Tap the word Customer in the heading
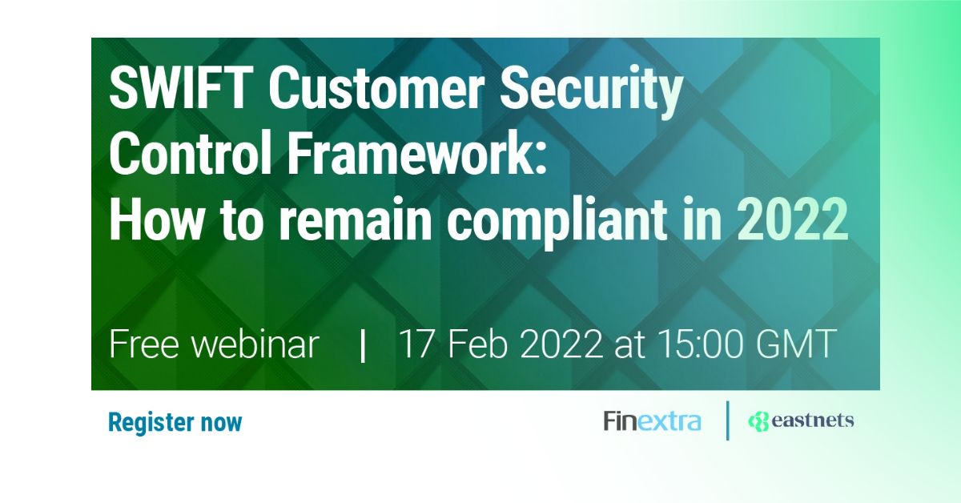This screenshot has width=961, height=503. pos(376,89)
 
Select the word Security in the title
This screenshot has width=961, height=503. pos(591,94)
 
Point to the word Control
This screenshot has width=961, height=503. pos(191,153)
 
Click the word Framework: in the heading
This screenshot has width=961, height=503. pos(416,153)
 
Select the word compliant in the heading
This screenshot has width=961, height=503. pos(557,223)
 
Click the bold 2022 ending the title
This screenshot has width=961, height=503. pos(792,219)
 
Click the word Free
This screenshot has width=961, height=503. pos(143,344)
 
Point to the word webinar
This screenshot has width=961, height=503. pos(255,344)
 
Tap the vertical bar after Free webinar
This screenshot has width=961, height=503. pos(363,346)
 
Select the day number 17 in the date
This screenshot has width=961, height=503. pos(416,344)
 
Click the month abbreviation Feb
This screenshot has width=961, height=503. pos(478,344)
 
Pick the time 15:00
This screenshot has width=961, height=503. pos(699,344)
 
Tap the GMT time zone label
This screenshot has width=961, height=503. pos(796,344)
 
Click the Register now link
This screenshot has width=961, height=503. pos(175,423)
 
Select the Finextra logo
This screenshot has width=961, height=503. pos(652,421)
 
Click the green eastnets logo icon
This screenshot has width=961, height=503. pos(758,421)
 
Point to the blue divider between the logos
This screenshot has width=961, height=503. pos(728,421)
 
